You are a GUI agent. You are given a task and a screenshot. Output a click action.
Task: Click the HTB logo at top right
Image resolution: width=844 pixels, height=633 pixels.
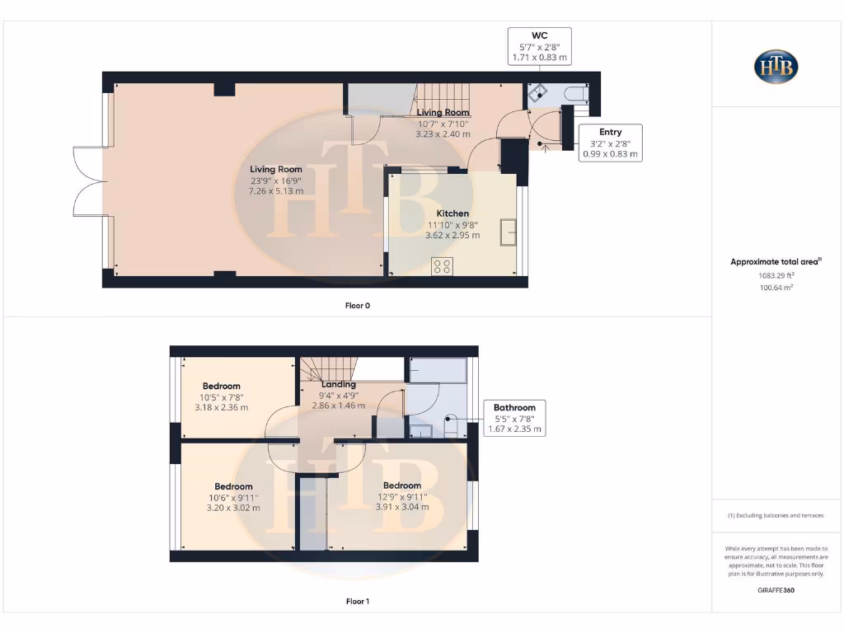click(776, 66)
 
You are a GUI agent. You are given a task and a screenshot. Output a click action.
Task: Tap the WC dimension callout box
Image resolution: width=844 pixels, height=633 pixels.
click(539, 47)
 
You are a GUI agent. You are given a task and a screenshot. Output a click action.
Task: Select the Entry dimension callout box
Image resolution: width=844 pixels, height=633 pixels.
click(610, 143)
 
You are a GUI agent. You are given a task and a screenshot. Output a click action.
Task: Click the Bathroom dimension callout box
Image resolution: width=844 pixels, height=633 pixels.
click(514, 418)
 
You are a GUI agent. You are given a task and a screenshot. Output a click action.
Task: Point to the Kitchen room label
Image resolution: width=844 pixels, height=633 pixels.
click(452, 213)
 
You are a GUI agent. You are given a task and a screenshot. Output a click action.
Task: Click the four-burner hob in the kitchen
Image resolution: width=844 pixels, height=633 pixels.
click(443, 265)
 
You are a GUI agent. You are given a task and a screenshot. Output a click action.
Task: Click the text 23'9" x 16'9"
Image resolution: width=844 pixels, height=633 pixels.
click(276, 181)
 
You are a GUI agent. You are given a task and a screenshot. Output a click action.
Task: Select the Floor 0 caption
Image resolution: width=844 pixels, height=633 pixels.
click(358, 305)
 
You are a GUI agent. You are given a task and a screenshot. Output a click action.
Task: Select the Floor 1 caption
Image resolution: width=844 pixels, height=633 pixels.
click(358, 602)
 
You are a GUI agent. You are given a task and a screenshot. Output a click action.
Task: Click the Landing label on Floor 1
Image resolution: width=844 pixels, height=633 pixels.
click(339, 384)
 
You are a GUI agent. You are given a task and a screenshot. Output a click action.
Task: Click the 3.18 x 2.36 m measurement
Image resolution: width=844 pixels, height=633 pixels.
click(221, 407)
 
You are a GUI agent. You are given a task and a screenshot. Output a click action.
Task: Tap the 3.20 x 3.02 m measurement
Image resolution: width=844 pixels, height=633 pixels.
click(233, 508)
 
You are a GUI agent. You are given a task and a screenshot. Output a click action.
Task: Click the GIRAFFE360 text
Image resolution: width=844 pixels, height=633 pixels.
click(776, 590)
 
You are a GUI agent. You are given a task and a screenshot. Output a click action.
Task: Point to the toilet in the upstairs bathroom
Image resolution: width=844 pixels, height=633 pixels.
click(451, 426)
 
